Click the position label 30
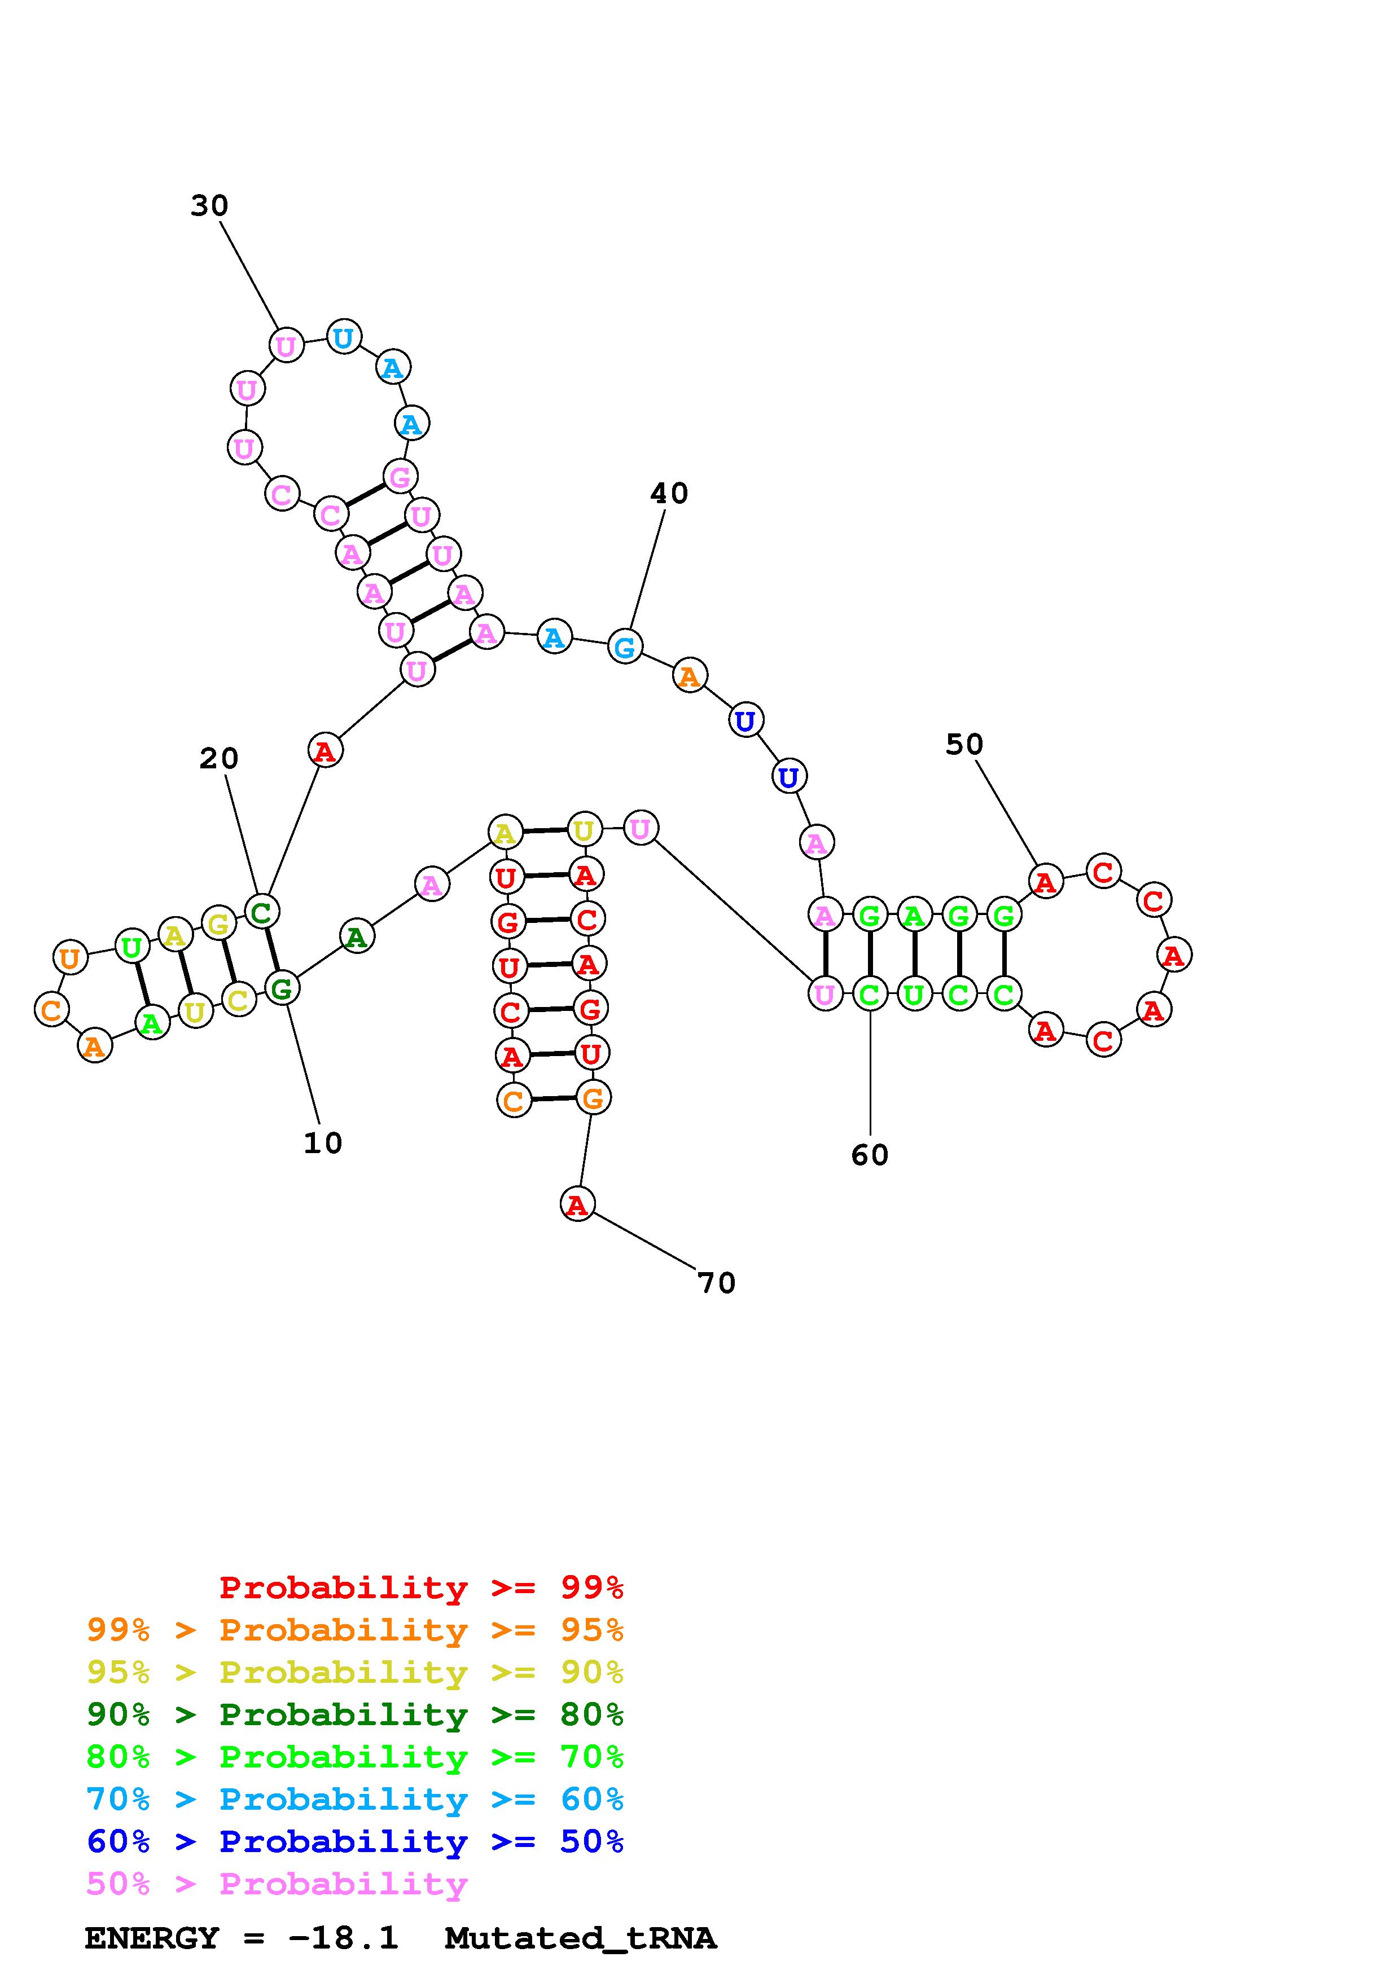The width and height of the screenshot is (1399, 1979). pyautogui.click(x=209, y=206)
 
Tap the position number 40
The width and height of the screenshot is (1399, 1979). pyautogui.click(x=669, y=494)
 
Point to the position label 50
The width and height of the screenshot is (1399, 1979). pyautogui.click(x=964, y=745)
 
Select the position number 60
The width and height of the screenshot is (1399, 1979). pyautogui.click(x=870, y=1156)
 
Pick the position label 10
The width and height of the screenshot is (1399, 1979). pyautogui.click(x=323, y=1144)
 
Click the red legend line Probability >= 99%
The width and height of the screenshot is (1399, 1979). pyautogui.click(x=422, y=1587)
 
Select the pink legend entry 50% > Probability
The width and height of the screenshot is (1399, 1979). pyautogui.click(x=277, y=1884)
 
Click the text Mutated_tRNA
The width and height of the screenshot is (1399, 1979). pyautogui.click(x=580, y=1938)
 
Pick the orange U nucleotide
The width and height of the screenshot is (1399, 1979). pyautogui.click(x=70, y=957)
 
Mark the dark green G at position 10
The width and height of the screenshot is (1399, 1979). pyautogui.click(x=282, y=988)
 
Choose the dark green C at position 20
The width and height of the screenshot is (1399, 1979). pyautogui.click(x=261, y=911)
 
